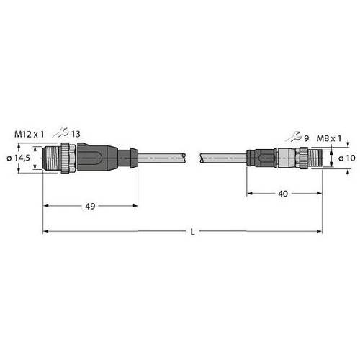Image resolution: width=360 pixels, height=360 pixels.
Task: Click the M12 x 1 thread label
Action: coord(30,135)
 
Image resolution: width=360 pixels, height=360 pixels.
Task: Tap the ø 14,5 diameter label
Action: coord(18,158)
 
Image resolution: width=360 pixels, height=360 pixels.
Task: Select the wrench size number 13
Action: coord(76,134)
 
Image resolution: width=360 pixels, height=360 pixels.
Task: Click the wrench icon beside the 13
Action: coord(61,132)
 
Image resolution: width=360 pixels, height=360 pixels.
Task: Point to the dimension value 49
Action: coord(90,206)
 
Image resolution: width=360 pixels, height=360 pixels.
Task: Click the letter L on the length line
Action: coord(192,232)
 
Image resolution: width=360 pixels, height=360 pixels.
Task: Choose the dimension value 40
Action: coord(283,194)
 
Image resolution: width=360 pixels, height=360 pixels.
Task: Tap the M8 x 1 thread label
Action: coord(329,138)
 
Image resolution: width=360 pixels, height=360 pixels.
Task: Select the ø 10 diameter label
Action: coord(347,158)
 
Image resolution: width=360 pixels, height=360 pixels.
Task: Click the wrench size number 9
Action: coord(306,138)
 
